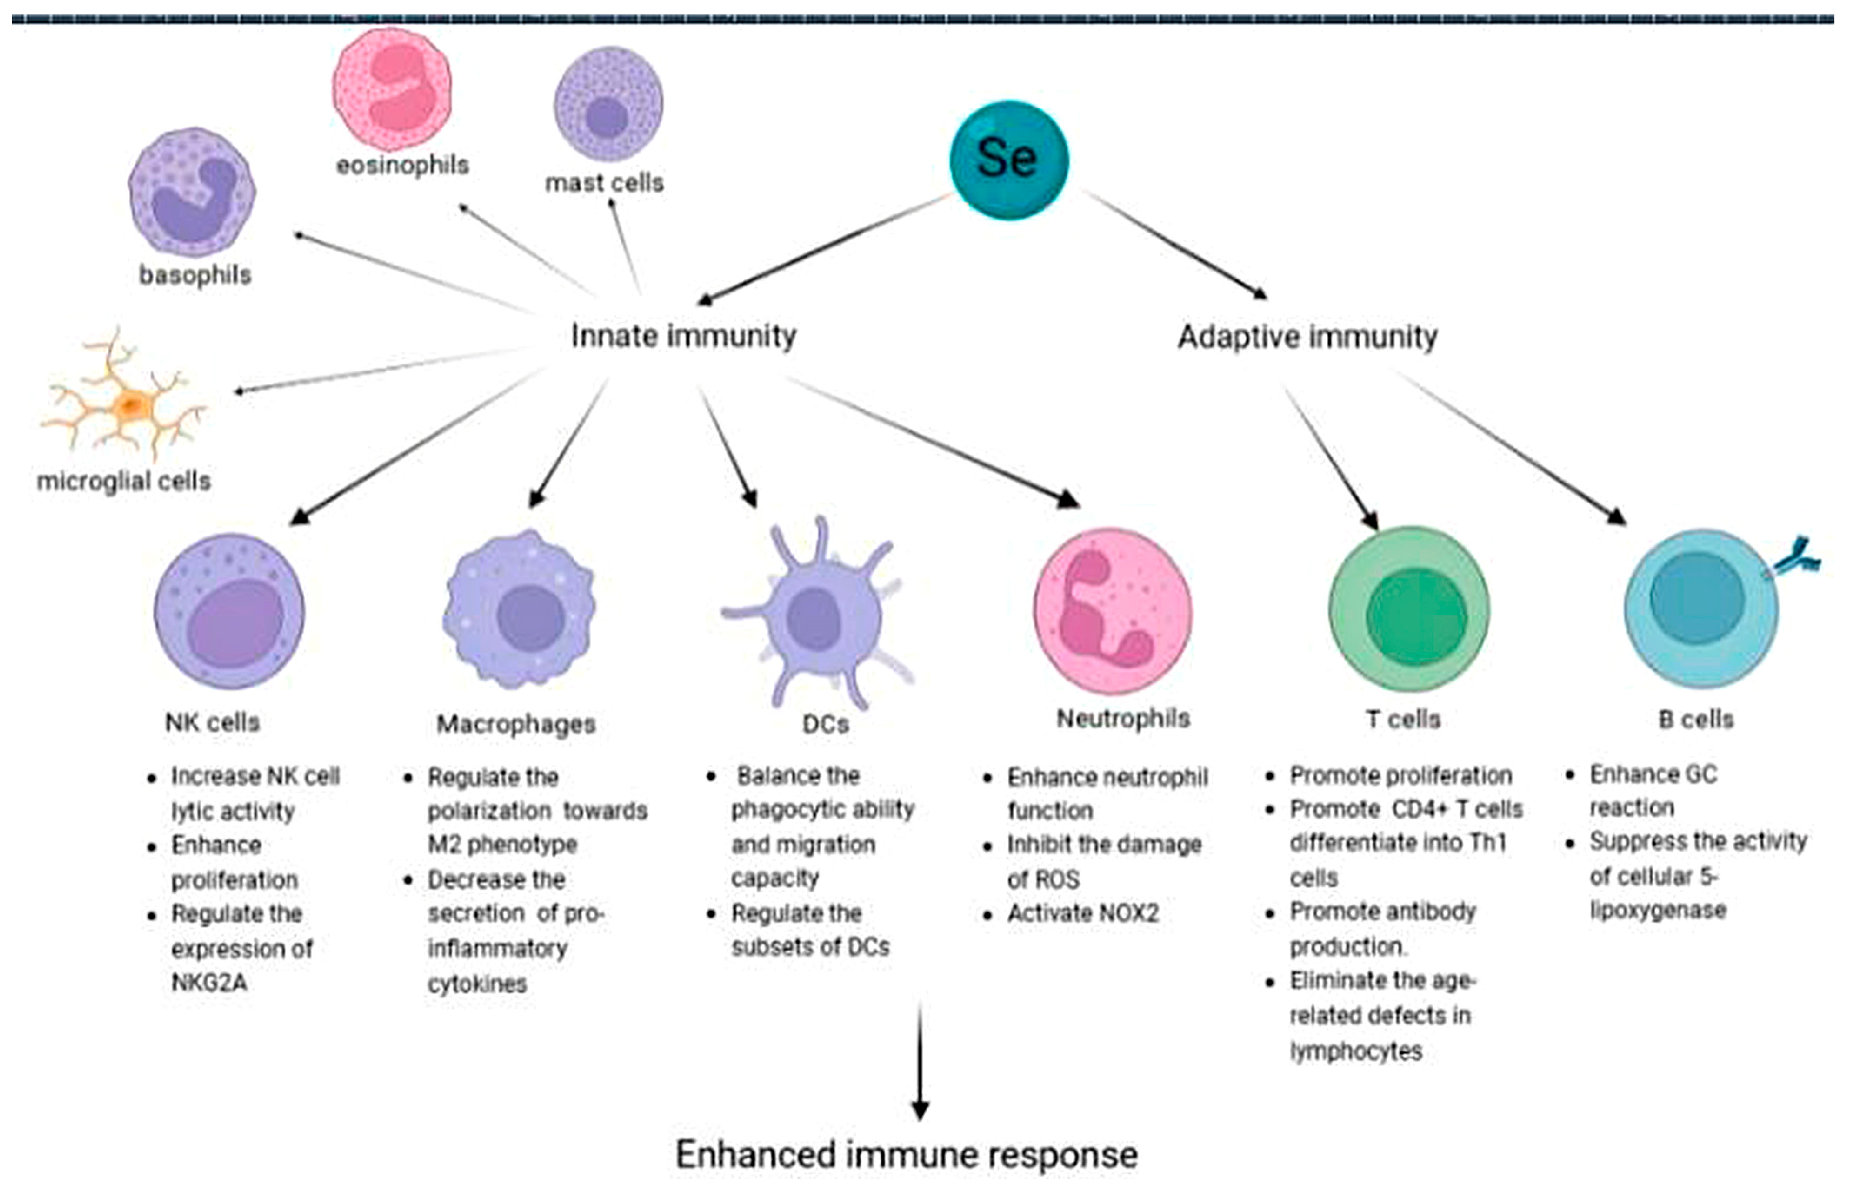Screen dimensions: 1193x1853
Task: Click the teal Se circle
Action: point(1008,160)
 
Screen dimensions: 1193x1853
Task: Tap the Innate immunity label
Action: point(683,336)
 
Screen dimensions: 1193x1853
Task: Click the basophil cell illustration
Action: point(192,192)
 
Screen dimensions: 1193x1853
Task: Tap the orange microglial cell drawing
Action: point(128,403)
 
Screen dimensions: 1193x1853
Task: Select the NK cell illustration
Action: point(230,612)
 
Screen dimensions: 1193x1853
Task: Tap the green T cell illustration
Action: point(1408,609)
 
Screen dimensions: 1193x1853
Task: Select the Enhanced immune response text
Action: point(907,1154)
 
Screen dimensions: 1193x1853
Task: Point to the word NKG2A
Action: point(209,982)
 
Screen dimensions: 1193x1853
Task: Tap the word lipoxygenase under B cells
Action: point(1658,909)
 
